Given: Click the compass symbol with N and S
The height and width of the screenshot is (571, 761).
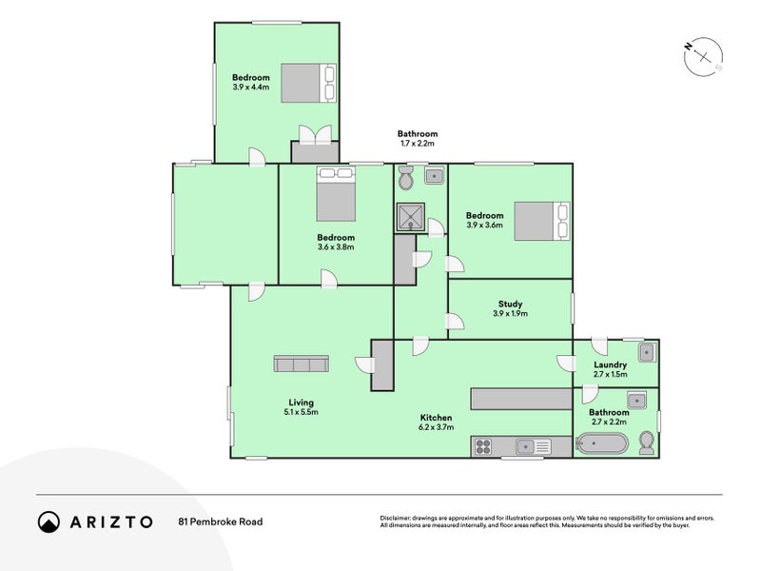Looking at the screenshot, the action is (x=703, y=56).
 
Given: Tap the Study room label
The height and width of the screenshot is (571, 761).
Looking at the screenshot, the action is (x=510, y=305).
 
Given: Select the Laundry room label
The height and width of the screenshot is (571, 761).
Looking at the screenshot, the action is (x=610, y=364).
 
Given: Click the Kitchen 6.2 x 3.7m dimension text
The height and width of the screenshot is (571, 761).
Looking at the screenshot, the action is (x=436, y=427).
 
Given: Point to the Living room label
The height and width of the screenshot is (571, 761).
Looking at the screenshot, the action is (x=301, y=403).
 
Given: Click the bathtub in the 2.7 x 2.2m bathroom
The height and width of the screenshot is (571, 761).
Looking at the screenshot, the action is (x=602, y=443).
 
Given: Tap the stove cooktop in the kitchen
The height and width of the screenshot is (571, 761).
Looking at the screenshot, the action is (x=483, y=446).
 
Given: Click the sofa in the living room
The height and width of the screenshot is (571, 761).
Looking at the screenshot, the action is (x=301, y=364).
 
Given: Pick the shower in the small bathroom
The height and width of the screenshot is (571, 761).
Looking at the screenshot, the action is (x=411, y=217).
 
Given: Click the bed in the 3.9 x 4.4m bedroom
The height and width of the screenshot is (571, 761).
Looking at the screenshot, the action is (x=308, y=83).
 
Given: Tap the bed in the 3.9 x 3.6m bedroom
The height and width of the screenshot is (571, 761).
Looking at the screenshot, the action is (x=542, y=221).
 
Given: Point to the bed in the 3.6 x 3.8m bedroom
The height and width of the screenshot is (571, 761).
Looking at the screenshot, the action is (x=336, y=194).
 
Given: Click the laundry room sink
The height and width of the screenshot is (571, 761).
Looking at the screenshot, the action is (x=647, y=352).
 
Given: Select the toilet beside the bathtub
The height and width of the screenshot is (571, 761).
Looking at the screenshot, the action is (x=647, y=443).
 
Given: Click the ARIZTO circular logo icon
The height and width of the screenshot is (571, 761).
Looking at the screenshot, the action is (x=49, y=522).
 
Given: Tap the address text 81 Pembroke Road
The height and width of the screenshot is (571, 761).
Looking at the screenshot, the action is (x=221, y=522).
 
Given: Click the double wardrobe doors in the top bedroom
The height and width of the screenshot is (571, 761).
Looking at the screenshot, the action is (x=316, y=134).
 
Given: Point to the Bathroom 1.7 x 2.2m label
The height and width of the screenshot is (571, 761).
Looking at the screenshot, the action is (x=418, y=138).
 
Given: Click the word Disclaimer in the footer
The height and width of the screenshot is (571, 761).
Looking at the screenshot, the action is (x=395, y=518).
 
